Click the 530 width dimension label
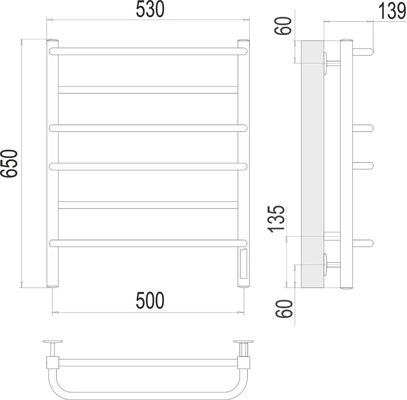[x=150, y=9]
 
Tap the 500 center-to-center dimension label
[x=150, y=300]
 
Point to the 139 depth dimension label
[x=392, y=11]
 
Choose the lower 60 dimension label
[x=284, y=309]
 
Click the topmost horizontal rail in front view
[x=148, y=51]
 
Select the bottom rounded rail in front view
[x=148, y=243]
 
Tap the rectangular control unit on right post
[x=243, y=263]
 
